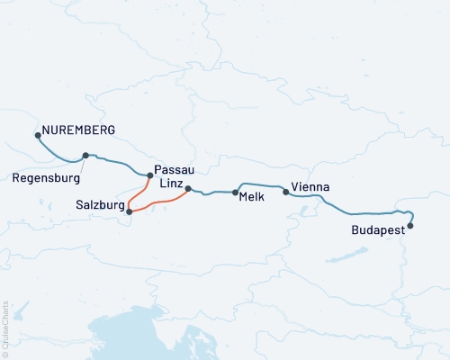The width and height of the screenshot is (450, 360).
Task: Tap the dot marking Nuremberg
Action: (x=38, y=136)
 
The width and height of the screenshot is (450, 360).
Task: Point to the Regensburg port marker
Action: (x=85, y=155)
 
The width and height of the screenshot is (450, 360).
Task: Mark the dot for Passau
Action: (x=149, y=175)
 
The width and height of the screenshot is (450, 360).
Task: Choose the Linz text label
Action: (x=172, y=183)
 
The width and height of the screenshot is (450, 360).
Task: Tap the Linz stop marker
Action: (x=188, y=189)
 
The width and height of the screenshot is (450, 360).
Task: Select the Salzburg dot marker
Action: (x=130, y=211)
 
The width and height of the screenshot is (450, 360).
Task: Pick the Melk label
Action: (x=251, y=197)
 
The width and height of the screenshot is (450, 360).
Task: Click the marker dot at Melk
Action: (x=236, y=192)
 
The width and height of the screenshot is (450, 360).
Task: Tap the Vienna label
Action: (x=310, y=187)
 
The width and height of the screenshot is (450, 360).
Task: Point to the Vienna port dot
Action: (x=286, y=191)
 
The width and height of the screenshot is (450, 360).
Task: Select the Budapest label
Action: (x=377, y=231)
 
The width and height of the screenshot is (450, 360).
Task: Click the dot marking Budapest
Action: (x=410, y=226)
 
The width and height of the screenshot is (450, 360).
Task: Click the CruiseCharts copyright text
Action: (x=5, y=329)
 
